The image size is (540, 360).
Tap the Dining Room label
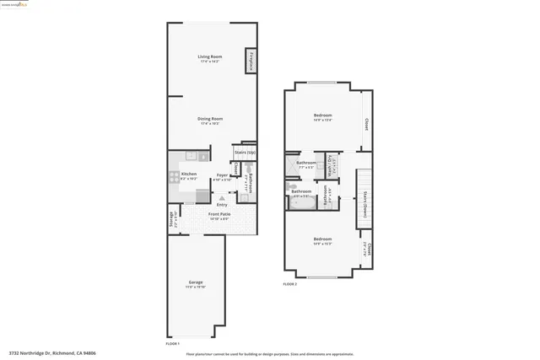click(210, 120)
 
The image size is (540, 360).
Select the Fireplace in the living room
click(251, 61)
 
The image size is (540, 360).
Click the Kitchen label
click(189, 175)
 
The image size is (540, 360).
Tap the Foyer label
click(222, 175)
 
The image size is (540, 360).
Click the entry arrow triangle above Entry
click(222, 197)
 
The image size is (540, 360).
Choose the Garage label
click(195, 282)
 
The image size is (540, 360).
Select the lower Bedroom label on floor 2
click(322, 239)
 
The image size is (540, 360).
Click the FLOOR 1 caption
click(173, 345)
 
